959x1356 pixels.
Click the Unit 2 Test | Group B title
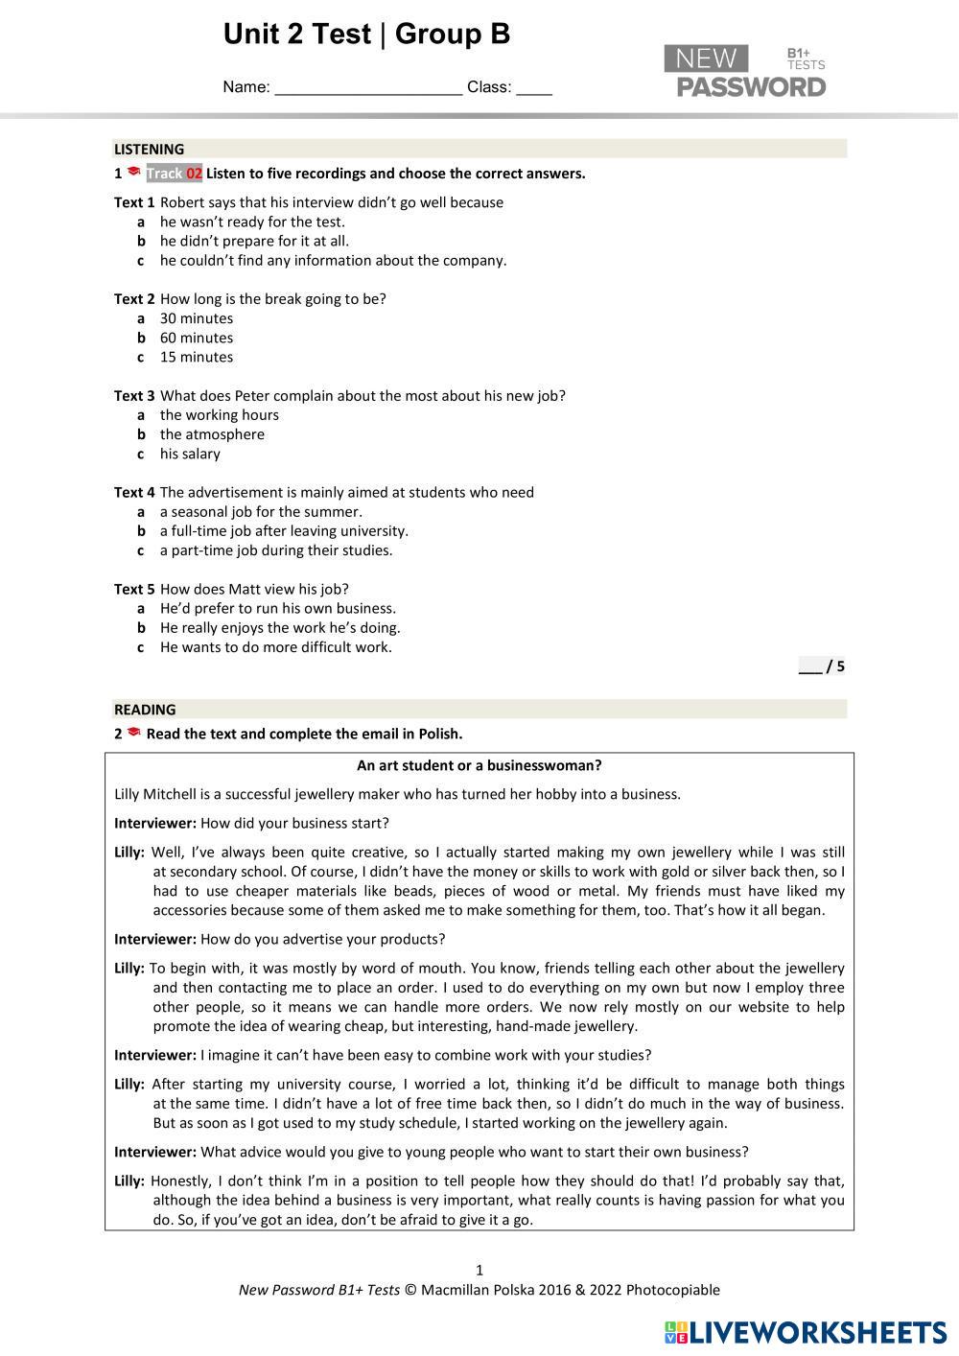[x=366, y=35]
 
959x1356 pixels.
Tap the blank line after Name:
[x=368, y=89]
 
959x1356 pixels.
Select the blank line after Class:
[x=534, y=89]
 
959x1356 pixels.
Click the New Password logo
[x=745, y=72]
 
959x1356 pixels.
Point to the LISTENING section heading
[x=150, y=150]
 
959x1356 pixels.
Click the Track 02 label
[x=174, y=174]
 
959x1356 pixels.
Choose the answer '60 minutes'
[x=196, y=338]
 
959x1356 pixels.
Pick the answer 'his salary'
[x=190, y=454]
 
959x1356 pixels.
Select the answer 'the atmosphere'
[x=212, y=434]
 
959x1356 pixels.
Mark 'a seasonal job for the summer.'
[x=261, y=512]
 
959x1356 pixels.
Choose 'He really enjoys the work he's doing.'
[x=280, y=628]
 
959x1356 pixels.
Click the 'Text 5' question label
[x=134, y=589]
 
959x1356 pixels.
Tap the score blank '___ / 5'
[x=821, y=666]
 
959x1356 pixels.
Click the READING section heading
[x=145, y=710]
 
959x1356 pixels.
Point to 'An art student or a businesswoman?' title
[x=479, y=765]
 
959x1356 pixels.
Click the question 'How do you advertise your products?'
[x=322, y=939]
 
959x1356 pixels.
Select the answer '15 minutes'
[x=196, y=357]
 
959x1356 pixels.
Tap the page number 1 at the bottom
[x=479, y=1271]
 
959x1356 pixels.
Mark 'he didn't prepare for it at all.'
[x=254, y=241]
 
